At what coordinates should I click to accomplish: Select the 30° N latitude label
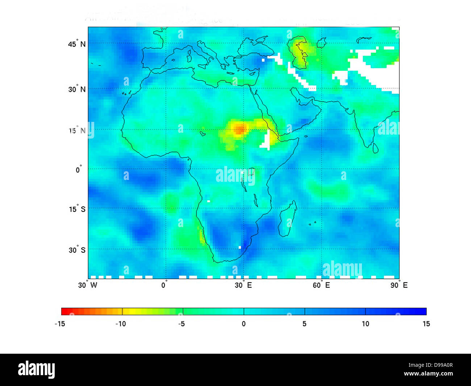point(77,89)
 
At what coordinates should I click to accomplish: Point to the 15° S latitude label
point(77,209)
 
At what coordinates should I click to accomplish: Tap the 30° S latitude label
point(77,250)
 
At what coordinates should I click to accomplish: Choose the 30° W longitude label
point(88,285)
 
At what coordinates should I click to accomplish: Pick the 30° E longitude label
point(243,285)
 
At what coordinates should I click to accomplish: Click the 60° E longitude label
point(321,285)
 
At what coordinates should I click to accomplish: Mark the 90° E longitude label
point(399,285)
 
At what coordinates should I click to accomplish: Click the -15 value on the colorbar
point(60,324)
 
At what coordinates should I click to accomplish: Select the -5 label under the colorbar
point(182,324)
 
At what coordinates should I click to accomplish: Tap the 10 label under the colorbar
point(365,324)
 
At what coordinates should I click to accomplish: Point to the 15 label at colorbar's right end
point(426,324)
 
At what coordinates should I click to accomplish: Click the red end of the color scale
point(65,311)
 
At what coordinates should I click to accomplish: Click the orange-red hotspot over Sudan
point(239,129)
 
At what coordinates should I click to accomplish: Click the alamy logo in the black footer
point(37,369)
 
